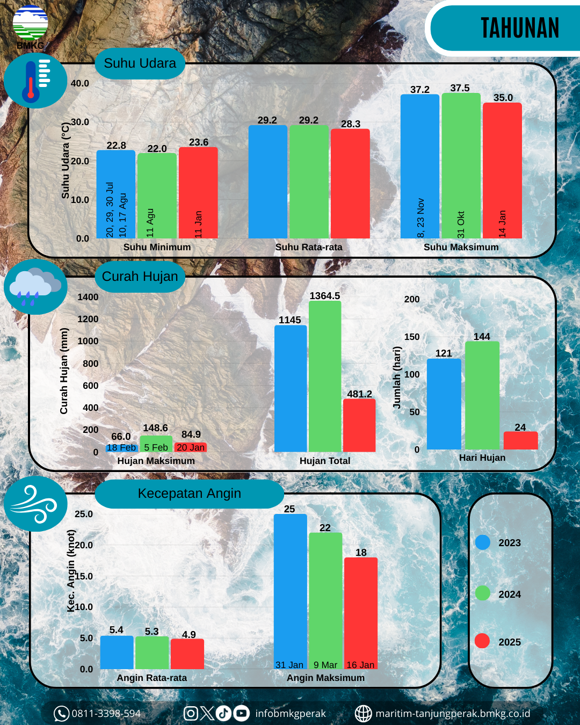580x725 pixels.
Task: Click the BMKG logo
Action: coord(30,26)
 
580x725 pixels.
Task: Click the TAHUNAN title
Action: coord(519,28)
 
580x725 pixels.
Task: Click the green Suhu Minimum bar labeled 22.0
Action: coord(157,195)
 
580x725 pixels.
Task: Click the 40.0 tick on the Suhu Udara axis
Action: coord(80,83)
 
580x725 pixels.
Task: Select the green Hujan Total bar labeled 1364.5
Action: coord(325,376)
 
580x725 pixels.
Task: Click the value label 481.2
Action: coord(359,394)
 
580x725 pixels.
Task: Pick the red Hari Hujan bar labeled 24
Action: coord(520,440)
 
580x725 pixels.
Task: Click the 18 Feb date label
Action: coord(121,447)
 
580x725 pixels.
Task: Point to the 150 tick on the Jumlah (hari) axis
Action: coord(412,337)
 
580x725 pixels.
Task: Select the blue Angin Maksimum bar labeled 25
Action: coord(290,591)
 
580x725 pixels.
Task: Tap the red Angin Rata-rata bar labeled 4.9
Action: coord(187,654)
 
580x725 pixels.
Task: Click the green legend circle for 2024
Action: coord(483,593)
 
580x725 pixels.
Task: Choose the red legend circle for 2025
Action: coord(482,641)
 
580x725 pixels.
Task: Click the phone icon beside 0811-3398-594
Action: coord(61,714)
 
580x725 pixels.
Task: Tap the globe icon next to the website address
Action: coord(364,714)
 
